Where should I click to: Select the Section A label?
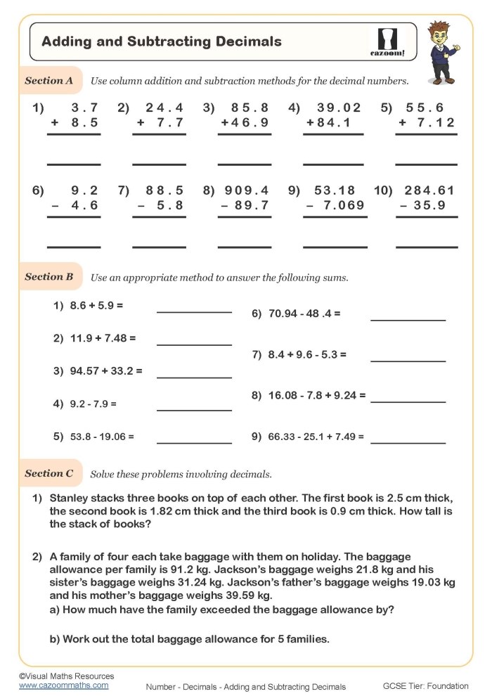pyautogui.click(x=49, y=81)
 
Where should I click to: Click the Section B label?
pyautogui.click(x=49, y=277)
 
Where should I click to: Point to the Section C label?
pyautogui.click(x=49, y=474)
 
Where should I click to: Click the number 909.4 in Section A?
pyautogui.click(x=247, y=191)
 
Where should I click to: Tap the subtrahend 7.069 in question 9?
pyautogui.click(x=341, y=205)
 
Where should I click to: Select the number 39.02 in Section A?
pyautogui.click(x=339, y=108)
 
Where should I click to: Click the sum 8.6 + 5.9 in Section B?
pyautogui.click(x=97, y=307)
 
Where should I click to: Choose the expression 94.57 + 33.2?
pyautogui.click(x=106, y=370)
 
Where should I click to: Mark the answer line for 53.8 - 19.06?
pyautogui.click(x=194, y=443)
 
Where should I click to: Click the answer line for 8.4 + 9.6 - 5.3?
pyautogui.click(x=408, y=361)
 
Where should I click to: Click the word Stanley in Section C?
pyautogui.click(x=71, y=498)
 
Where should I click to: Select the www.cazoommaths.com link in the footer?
pyautogui.click(x=64, y=685)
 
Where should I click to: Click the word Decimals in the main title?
pyautogui.click(x=250, y=41)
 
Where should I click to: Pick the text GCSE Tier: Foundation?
pyautogui.click(x=425, y=686)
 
